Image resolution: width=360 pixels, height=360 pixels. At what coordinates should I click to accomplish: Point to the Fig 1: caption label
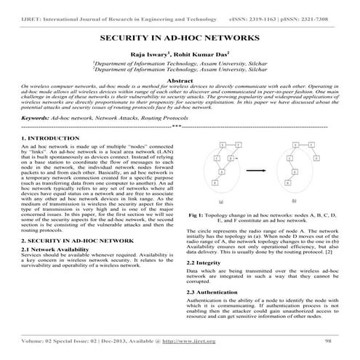coord(197,216)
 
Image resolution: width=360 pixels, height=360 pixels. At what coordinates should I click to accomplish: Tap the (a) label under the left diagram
coord(220,201)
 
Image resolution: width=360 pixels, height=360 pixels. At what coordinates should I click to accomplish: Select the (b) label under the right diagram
coord(295,201)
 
